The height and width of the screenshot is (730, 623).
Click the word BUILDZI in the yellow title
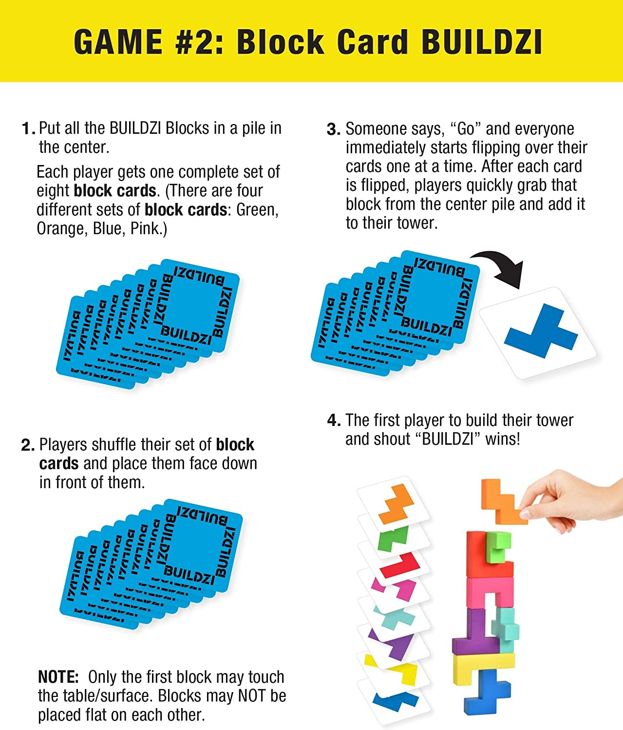click(x=481, y=42)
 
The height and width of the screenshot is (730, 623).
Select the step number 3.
click(x=333, y=129)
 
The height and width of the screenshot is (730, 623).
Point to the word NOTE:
click(x=58, y=677)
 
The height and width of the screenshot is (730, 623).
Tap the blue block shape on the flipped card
click(x=541, y=329)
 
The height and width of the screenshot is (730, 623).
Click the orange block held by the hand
click(x=502, y=501)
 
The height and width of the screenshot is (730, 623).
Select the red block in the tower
click(x=482, y=555)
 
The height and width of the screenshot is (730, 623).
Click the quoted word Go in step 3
click(x=466, y=129)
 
